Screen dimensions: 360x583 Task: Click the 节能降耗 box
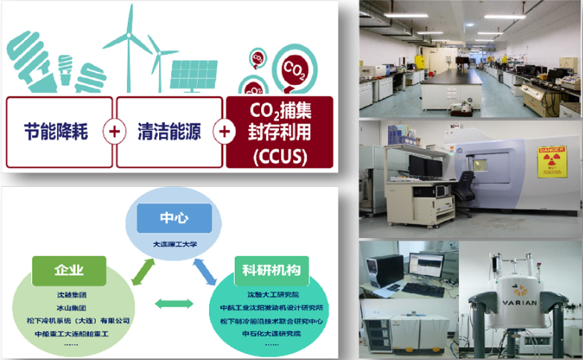[59, 132]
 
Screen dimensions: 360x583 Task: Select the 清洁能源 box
[169, 132]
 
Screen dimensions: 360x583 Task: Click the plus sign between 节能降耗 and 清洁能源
[115, 132]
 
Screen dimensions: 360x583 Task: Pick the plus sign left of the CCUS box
[223, 132]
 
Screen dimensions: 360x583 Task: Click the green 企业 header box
[69, 269]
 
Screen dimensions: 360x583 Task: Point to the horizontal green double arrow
[173, 303]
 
